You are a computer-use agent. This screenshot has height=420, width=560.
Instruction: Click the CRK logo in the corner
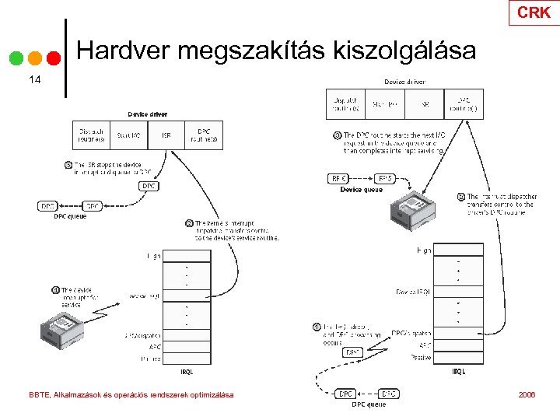534,12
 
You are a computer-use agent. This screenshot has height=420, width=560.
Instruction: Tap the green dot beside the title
16,58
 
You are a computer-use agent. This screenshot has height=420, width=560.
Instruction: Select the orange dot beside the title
34,58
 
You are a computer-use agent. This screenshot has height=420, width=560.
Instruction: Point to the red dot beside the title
53,58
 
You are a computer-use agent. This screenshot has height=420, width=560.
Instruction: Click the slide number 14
34,79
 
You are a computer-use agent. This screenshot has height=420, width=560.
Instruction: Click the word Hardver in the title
124,51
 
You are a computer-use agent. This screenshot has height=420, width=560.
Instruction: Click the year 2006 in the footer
527,395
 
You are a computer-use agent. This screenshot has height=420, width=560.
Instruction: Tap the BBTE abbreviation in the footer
39,395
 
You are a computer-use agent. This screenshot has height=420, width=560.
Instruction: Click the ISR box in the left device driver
166,135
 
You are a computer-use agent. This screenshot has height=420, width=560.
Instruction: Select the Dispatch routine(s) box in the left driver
91,135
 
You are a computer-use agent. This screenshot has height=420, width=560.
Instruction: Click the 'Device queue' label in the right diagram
361,190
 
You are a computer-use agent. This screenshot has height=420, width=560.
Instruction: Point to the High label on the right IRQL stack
423,250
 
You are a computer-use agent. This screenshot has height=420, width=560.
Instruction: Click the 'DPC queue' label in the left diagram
70,217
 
